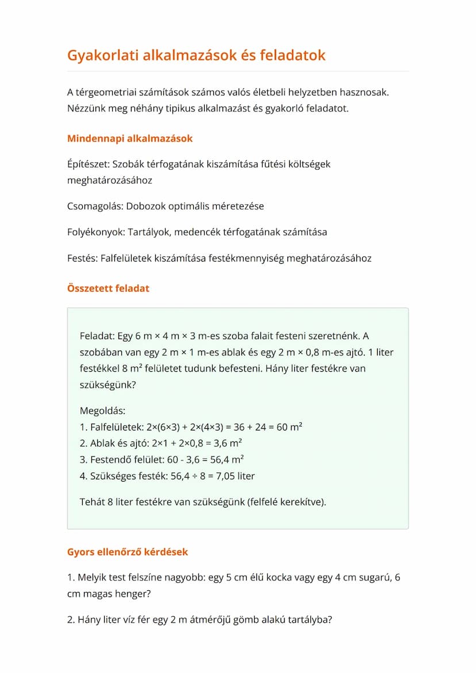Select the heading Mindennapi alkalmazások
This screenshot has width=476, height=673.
click(130, 139)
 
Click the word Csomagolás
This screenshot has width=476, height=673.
click(94, 206)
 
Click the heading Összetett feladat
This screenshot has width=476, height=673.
click(108, 289)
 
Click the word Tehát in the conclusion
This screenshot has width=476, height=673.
click(93, 502)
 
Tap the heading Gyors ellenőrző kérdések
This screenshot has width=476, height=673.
click(128, 552)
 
